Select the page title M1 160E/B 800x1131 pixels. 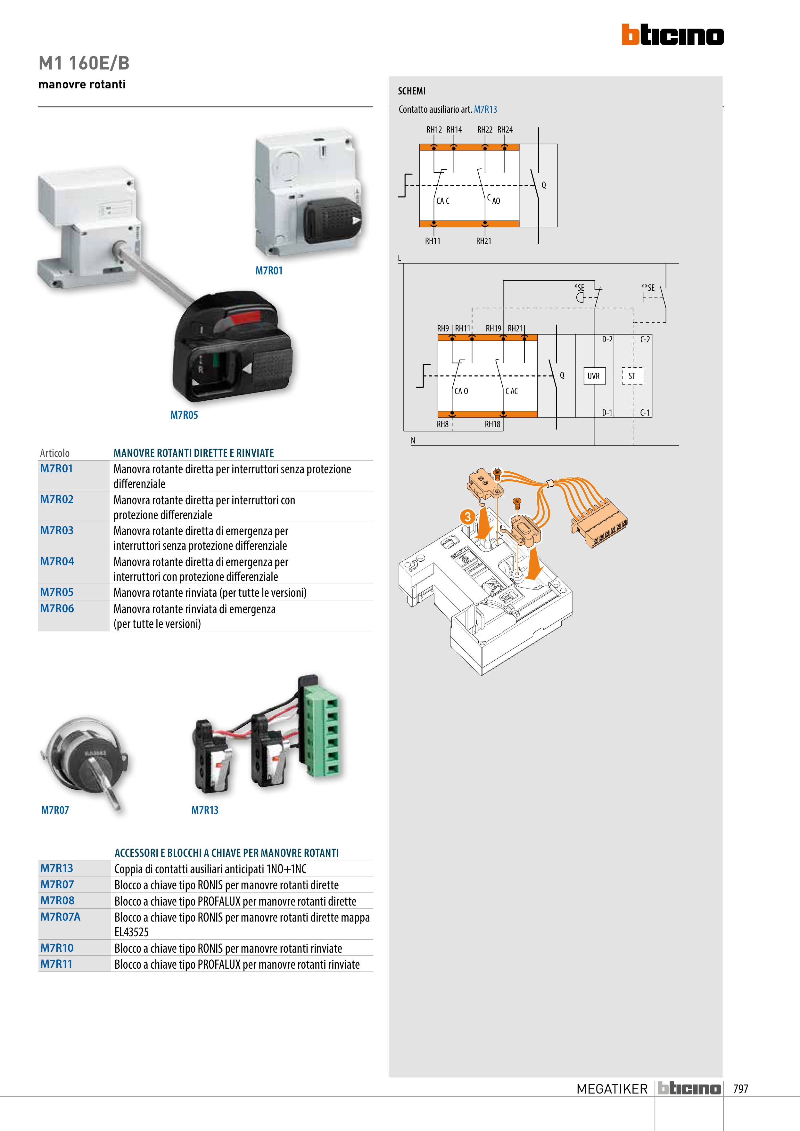tap(84, 63)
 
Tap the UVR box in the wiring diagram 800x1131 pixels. tap(593, 376)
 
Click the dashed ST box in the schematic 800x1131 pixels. tap(632, 376)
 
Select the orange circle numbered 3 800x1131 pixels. tap(467, 517)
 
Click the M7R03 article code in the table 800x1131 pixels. tap(57, 531)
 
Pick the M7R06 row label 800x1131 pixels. tap(57, 609)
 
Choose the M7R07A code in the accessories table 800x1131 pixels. tap(60, 917)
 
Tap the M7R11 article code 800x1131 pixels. tap(56, 964)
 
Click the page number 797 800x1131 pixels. tap(740, 1089)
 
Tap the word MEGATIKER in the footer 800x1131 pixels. tap(612, 1089)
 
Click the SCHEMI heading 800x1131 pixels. tap(412, 91)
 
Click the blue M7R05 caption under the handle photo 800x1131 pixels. tap(184, 415)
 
